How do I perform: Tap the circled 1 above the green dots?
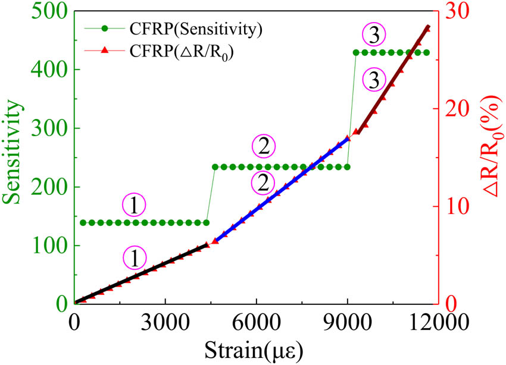pos(134,205)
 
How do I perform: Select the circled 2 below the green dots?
pos(262,184)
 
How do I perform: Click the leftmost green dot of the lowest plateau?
pos(83,223)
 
